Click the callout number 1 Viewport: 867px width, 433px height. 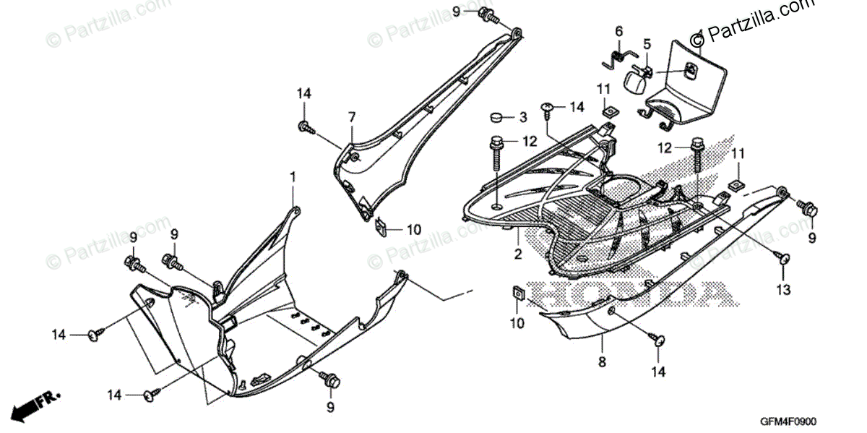tap(293, 177)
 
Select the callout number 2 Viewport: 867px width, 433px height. tap(518, 255)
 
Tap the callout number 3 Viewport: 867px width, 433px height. tap(524, 117)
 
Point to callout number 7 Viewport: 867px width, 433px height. tap(352, 117)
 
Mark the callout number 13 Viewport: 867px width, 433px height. tap(784, 290)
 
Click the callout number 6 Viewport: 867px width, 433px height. tap(618, 32)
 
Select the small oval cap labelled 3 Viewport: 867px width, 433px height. tap(496, 117)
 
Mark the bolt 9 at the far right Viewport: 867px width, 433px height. tap(809, 210)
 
